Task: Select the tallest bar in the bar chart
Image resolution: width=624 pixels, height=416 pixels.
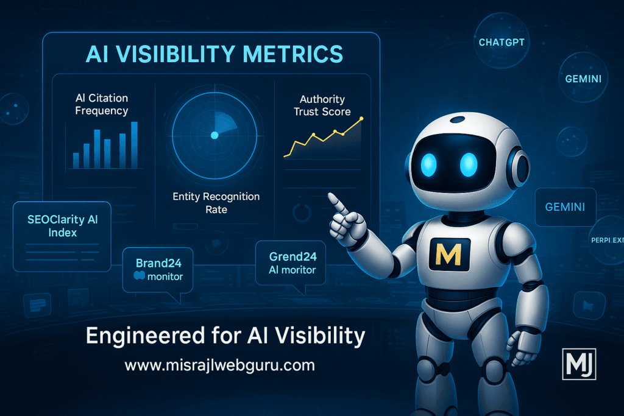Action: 134,145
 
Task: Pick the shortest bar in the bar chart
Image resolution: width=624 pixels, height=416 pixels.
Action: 76,160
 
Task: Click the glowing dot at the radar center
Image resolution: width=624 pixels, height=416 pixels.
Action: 214,135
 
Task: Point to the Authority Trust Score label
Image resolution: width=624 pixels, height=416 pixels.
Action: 322,105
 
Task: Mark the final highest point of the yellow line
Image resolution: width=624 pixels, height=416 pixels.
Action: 362,118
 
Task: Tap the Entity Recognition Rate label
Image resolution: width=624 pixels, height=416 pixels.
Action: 216,203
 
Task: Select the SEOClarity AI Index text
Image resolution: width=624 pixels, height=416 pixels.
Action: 63,226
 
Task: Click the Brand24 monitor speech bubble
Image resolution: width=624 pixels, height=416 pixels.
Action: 157,269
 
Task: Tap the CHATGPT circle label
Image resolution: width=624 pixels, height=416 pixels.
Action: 501,43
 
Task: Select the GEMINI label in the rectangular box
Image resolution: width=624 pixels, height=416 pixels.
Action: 565,207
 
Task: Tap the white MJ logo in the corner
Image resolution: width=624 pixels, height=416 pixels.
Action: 578,364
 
